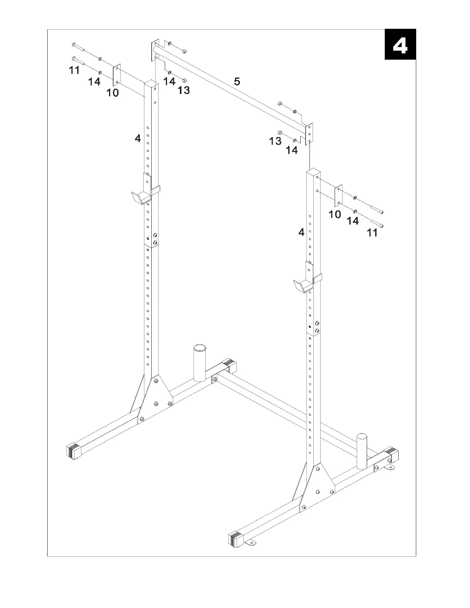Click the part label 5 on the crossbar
point(237,81)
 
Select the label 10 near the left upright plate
point(113,93)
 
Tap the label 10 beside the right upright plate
point(335,214)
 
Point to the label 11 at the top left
point(74,70)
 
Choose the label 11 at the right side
point(372,233)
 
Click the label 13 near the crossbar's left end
point(184,90)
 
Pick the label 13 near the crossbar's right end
point(275,141)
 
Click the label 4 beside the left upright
point(138,138)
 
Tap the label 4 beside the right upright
point(301,232)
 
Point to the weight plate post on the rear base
point(200,363)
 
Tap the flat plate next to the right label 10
point(338,195)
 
